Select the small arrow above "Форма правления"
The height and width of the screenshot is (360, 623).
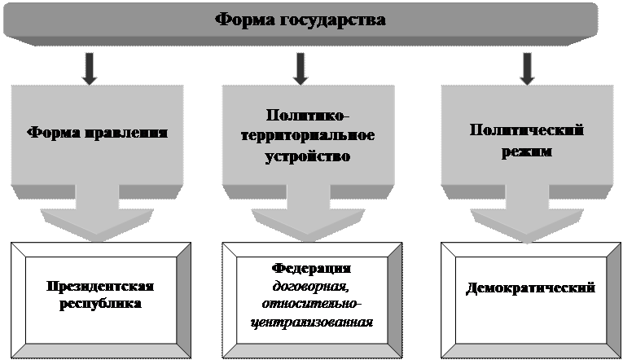[90, 68]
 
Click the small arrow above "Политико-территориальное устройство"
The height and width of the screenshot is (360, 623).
[301, 68]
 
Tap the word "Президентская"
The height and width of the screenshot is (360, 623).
[100, 288]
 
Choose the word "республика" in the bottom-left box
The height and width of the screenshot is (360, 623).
[100, 305]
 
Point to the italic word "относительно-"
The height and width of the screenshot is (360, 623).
[312, 304]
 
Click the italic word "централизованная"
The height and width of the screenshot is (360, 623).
[312, 323]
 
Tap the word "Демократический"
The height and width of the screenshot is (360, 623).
[531, 288]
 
